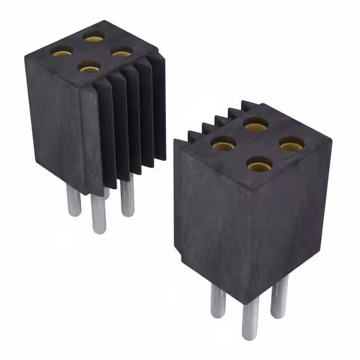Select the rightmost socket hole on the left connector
point(120,52)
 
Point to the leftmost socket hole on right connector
point(223,143)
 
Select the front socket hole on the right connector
point(259,166)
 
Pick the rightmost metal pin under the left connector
point(127,198)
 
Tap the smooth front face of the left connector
point(56,118)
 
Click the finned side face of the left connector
point(129,118)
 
